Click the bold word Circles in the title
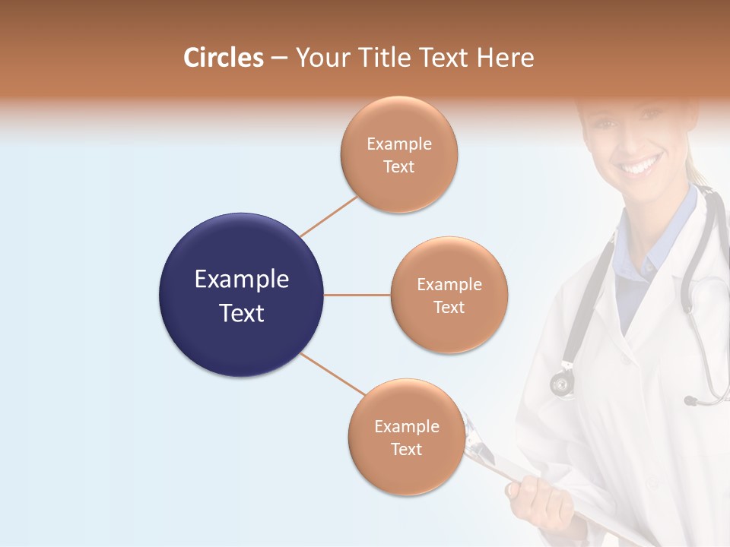[223, 58]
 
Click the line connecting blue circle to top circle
[328, 217]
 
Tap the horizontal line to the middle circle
[357, 295]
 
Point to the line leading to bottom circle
[332, 374]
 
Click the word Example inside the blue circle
[241, 280]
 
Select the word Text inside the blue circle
[241, 313]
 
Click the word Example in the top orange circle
[398, 144]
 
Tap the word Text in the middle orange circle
[449, 308]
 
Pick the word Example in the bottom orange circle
[406, 426]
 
